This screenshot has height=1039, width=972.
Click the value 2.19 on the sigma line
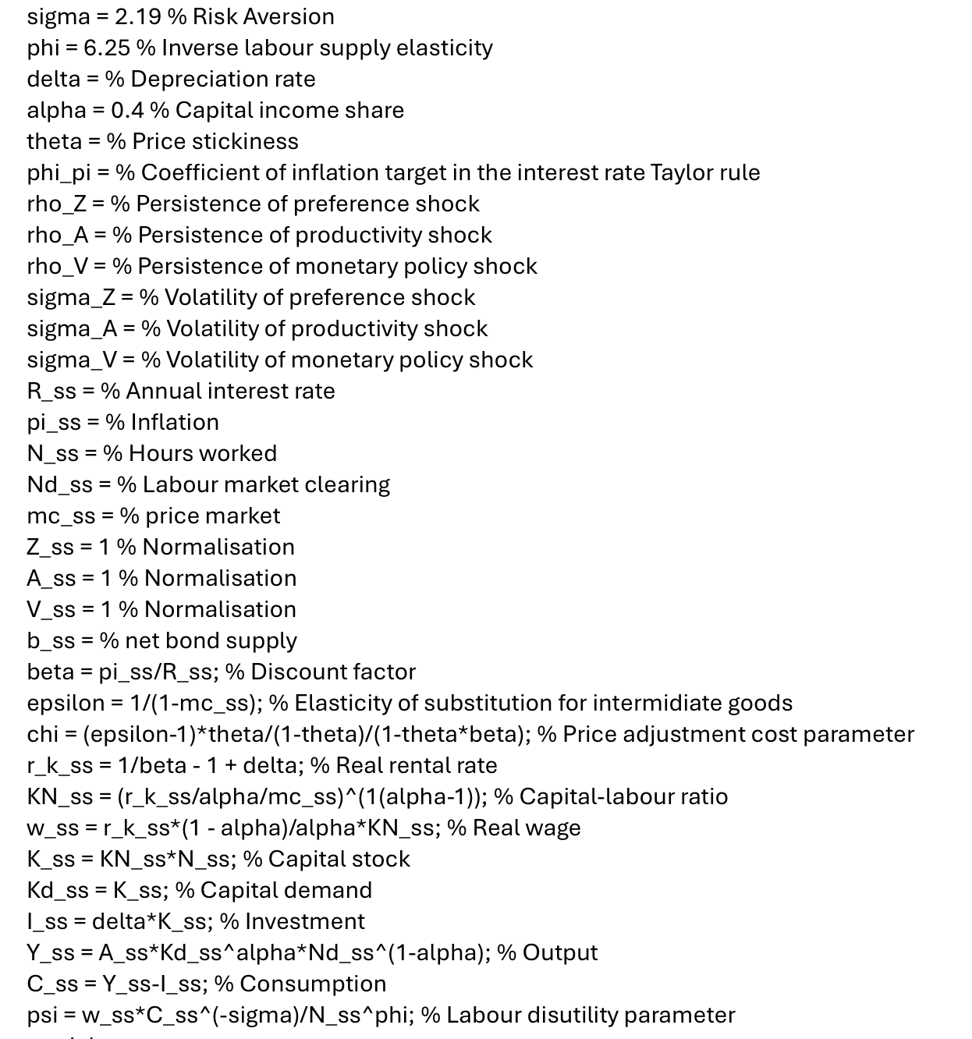click(x=137, y=16)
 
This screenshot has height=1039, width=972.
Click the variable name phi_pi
click(x=59, y=172)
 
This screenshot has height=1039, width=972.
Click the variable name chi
click(x=42, y=734)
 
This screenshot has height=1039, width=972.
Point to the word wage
click(x=555, y=828)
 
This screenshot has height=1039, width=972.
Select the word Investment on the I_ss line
click(x=304, y=921)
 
